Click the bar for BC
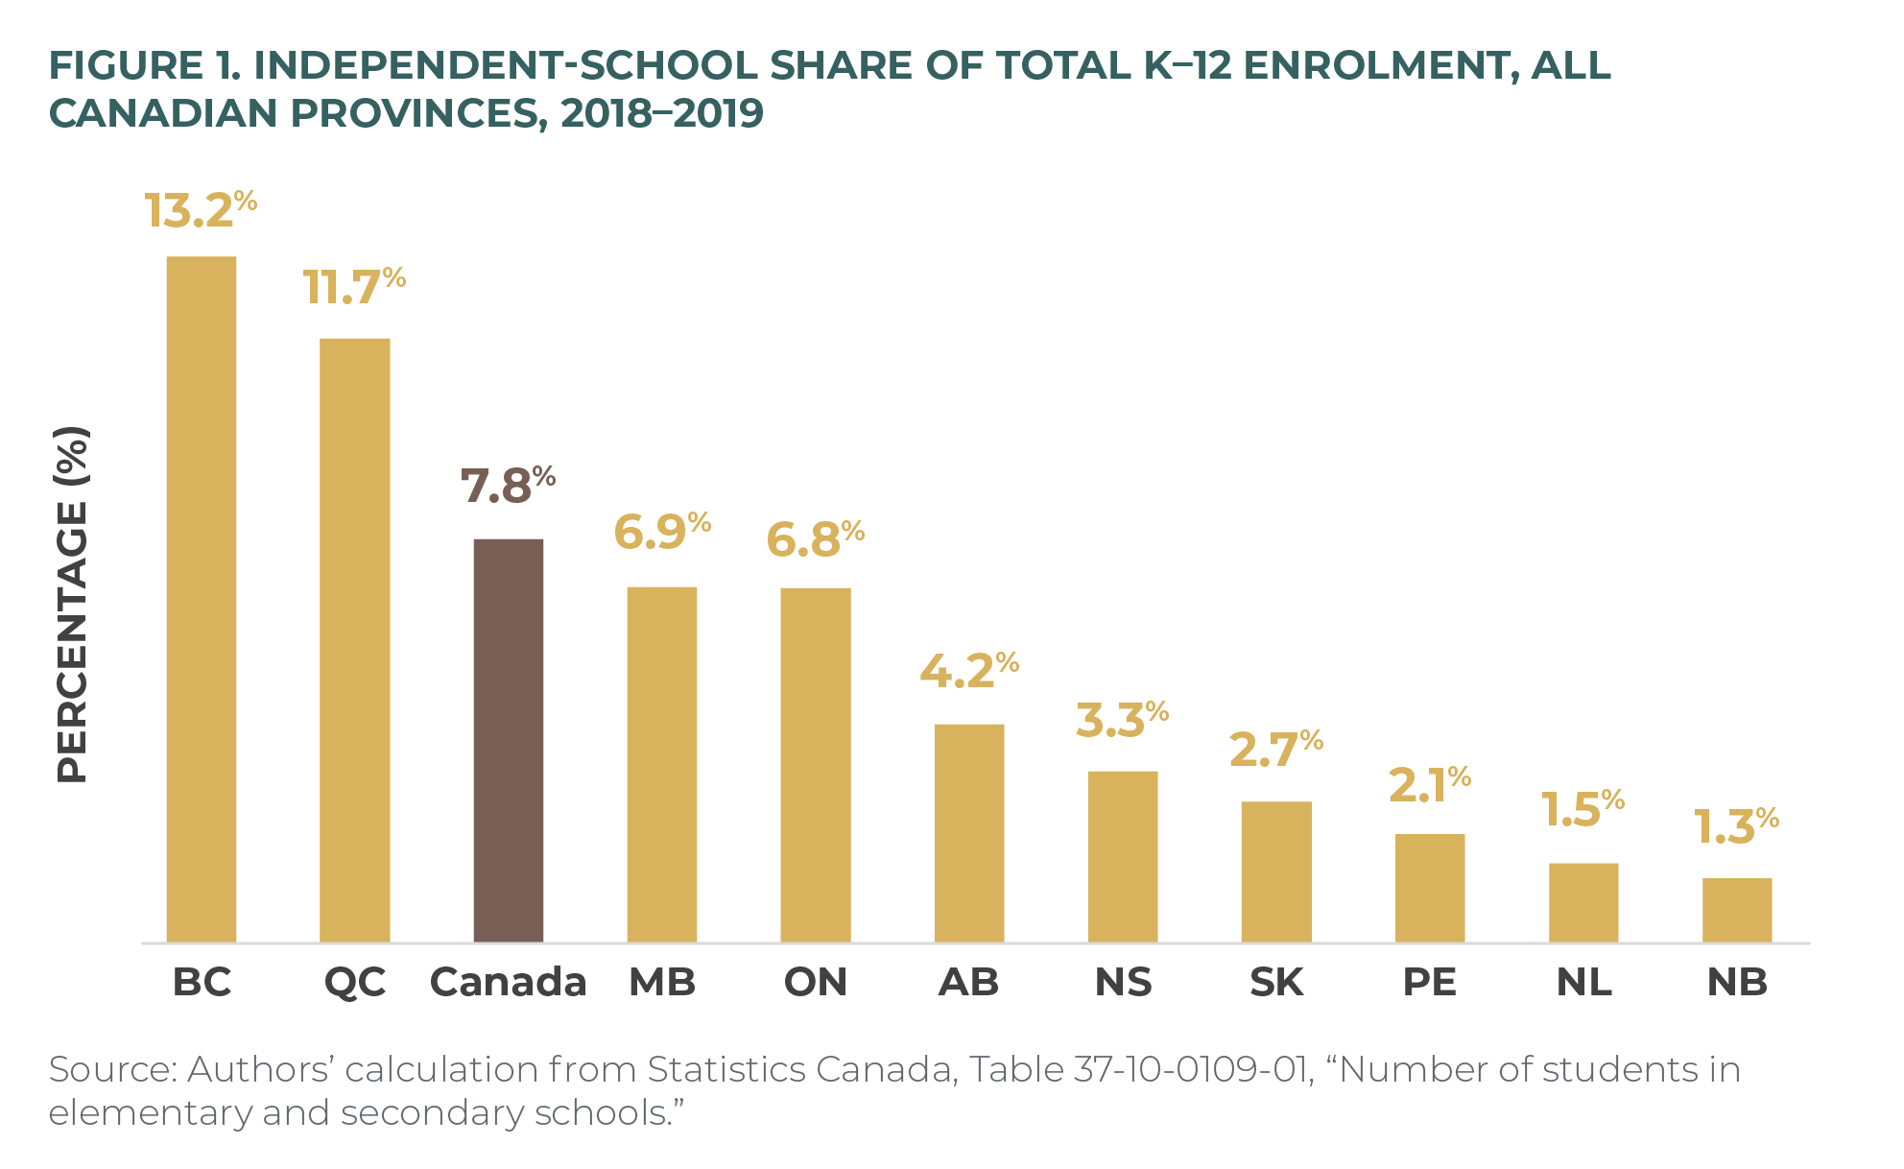(x=202, y=599)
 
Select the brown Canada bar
(x=509, y=740)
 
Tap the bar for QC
(x=355, y=640)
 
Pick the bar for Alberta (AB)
(x=969, y=833)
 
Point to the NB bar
(x=1737, y=910)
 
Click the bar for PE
(x=1430, y=888)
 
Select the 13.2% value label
(x=200, y=210)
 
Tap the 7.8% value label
(x=507, y=486)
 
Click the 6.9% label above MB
(x=661, y=532)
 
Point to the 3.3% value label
(x=1121, y=720)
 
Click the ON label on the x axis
(x=816, y=982)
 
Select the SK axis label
(x=1276, y=982)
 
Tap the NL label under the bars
(x=1583, y=982)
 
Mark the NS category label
(x=1123, y=982)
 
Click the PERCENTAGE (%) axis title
(x=73, y=605)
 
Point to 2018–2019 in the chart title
(x=662, y=113)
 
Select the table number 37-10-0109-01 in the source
(x=1191, y=1069)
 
